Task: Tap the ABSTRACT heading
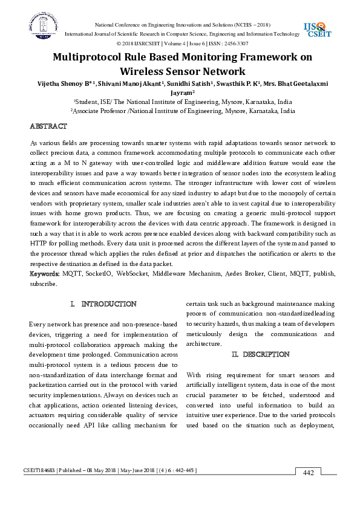48,126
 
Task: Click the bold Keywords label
44,273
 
